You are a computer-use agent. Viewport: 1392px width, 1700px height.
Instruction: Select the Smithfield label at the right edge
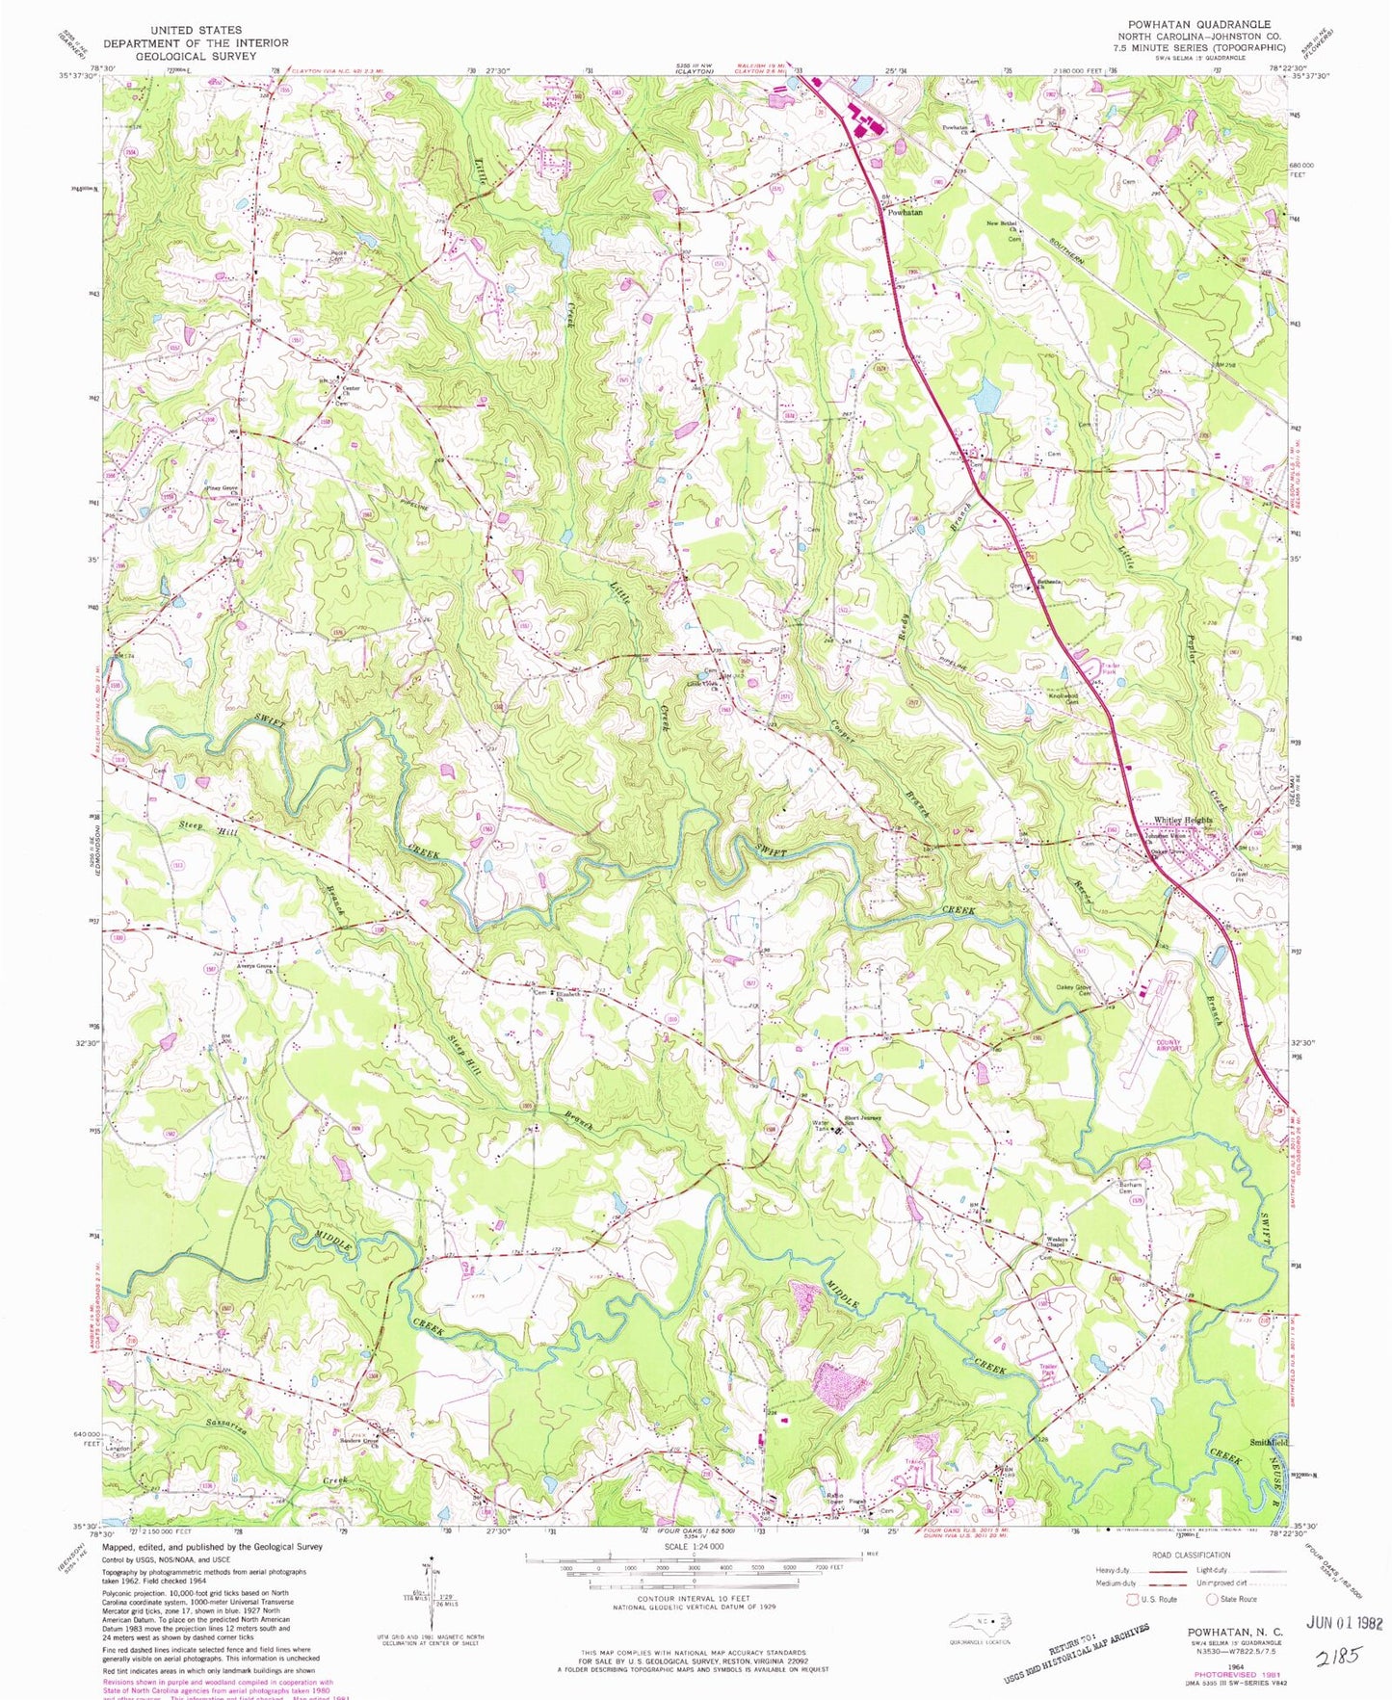[1269, 1442]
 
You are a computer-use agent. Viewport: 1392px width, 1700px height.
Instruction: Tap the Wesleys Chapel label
[1059, 1242]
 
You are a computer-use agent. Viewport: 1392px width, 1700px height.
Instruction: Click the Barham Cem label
[1130, 1188]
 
